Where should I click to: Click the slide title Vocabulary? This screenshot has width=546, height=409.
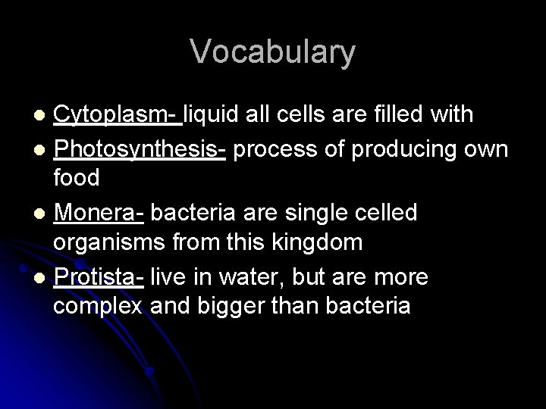[272, 52]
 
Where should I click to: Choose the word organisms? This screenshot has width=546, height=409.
[109, 244]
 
